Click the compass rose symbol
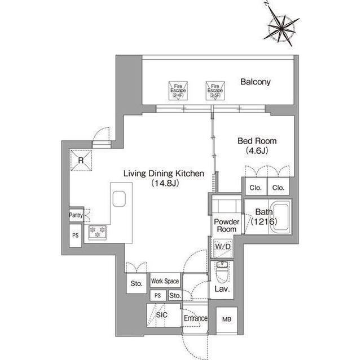click(x=281, y=25)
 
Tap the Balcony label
click(x=255, y=82)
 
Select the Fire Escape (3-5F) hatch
click(x=215, y=90)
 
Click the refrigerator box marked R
click(x=81, y=161)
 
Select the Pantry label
click(x=76, y=215)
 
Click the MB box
click(x=227, y=319)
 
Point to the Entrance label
click(x=196, y=318)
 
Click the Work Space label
click(x=165, y=281)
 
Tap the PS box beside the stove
click(x=76, y=235)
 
